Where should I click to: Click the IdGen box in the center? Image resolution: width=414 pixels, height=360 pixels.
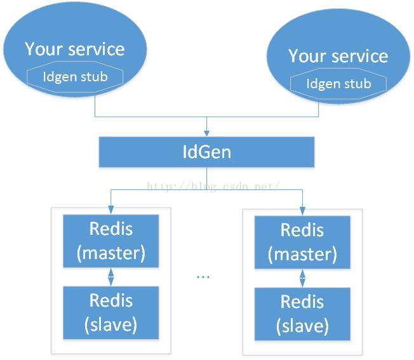pos(206,152)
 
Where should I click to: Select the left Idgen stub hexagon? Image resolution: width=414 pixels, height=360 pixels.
pos(75,77)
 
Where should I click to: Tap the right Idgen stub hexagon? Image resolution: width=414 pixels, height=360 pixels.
pos(338,84)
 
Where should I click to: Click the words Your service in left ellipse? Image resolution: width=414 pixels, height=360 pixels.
pos(75,49)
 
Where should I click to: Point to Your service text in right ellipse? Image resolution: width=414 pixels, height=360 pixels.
pos(338,56)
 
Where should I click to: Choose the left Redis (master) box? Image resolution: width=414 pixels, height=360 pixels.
pos(111,241)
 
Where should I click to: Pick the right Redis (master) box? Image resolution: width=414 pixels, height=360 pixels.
pos(302,243)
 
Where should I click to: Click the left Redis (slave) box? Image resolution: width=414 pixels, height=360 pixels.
pos(111,313)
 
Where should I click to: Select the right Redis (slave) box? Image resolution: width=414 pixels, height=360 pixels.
pos(302,314)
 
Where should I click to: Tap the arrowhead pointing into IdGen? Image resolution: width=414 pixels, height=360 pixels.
pos(207,133)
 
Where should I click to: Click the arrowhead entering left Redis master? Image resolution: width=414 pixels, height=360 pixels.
pos(111,210)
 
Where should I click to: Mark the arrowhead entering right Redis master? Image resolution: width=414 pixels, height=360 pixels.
pos(302,211)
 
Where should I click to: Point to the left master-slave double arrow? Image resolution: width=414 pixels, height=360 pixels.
pos(111,277)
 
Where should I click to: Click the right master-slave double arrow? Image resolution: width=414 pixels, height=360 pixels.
pos(302,278)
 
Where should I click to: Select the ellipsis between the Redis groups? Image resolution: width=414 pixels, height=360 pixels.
pos(203,277)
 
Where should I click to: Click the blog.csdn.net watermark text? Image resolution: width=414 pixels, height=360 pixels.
pos(213,186)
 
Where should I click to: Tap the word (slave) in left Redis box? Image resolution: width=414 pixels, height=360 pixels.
pos(111,324)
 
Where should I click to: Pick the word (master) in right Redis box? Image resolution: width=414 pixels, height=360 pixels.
pos(302,254)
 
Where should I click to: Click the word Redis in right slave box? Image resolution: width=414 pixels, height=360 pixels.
pos(302,302)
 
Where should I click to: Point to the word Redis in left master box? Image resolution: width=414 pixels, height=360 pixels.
pos(111,229)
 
